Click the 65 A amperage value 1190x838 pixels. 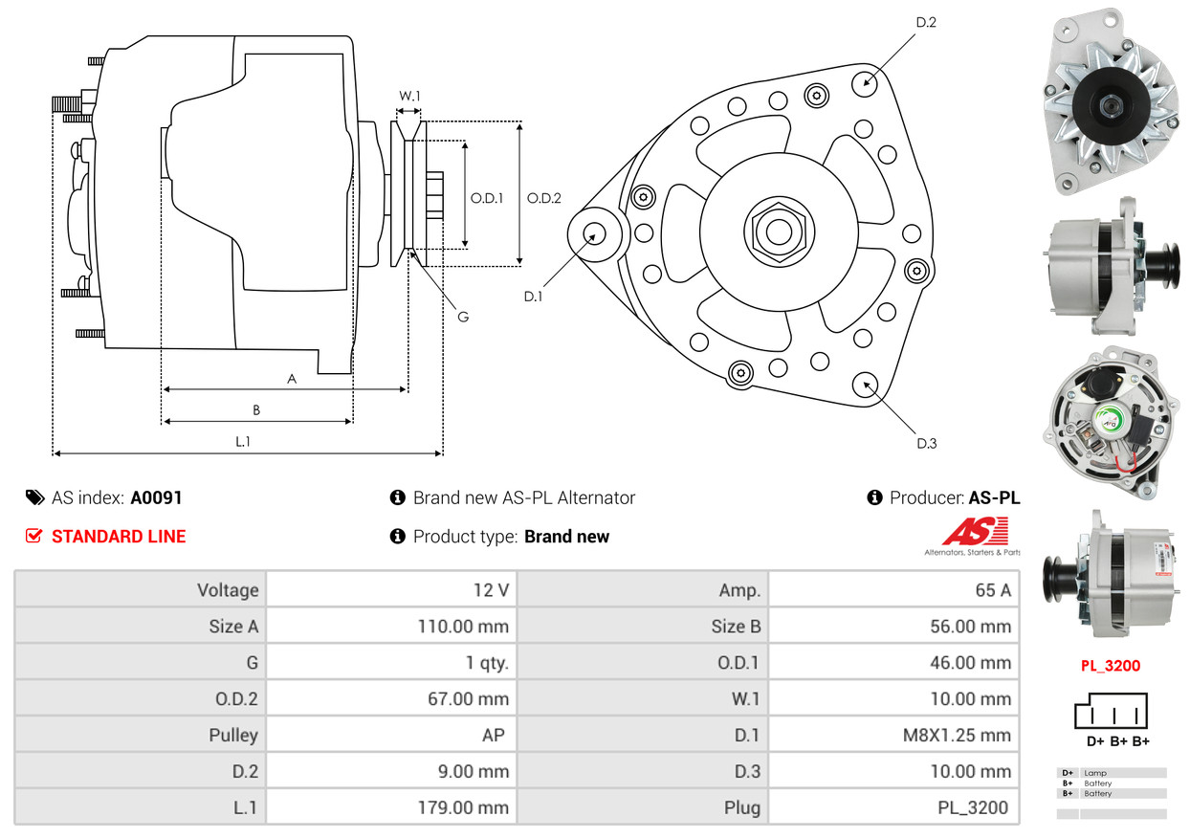click(x=992, y=590)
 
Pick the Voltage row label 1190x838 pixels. click(x=227, y=590)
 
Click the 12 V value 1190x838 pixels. click(x=490, y=590)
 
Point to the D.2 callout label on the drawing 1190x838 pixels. click(x=925, y=22)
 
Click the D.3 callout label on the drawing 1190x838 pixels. click(x=925, y=443)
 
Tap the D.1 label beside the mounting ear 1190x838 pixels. click(x=533, y=297)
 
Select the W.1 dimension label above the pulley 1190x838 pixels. click(x=409, y=96)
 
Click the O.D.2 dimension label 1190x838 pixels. click(x=543, y=199)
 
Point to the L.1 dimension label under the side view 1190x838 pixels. click(x=243, y=441)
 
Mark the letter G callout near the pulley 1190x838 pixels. click(x=463, y=317)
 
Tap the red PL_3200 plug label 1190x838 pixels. click(x=1110, y=666)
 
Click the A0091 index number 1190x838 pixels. click(x=156, y=497)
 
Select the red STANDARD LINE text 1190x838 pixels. click(x=119, y=537)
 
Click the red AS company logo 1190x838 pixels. click(x=974, y=532)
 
